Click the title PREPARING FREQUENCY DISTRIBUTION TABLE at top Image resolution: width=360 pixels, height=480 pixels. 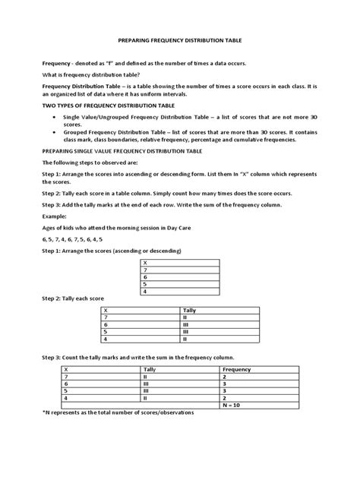point(180,46)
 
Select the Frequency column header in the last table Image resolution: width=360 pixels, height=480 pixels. point(237,369)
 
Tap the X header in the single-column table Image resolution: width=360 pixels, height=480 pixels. point(144,261)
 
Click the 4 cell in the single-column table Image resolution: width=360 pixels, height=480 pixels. point(144,291)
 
